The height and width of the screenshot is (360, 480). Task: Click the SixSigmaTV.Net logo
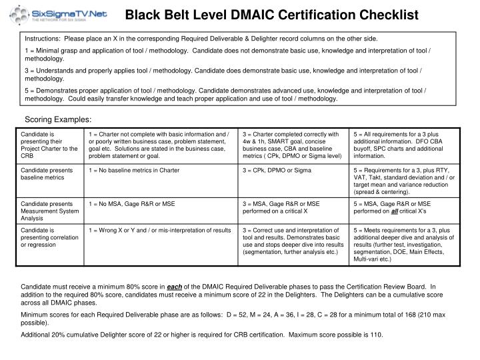pyautogui.click(x=59, y=14)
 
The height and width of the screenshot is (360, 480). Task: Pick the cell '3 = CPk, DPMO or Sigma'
pyautogui.click(x=277, y=171)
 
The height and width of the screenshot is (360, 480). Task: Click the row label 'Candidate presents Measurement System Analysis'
pyautogui.click(x=48, y=210)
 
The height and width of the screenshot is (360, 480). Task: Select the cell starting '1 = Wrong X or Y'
pyautogui.click(x=159, y=230)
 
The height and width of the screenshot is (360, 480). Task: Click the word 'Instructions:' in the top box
pyautogui.click(x=43, y=39)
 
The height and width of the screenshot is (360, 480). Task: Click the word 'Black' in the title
pyautogui.click(x=143, y=14)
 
